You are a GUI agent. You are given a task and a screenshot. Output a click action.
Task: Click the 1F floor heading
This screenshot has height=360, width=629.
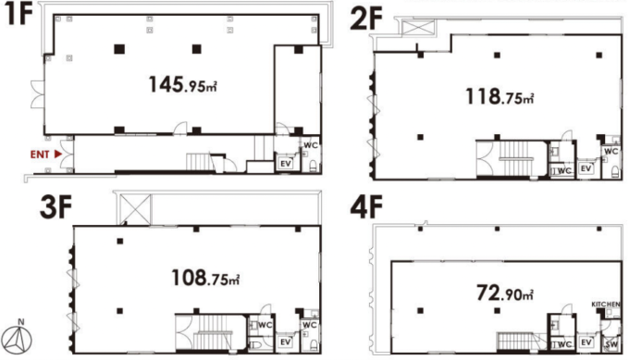pos(18,14)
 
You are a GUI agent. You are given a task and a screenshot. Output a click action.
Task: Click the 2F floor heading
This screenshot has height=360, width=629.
pos(366,19)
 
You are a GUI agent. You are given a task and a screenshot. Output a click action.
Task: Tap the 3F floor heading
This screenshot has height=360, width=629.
pos(55,207)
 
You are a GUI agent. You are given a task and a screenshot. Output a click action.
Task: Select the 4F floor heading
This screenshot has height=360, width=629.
pos(366,207)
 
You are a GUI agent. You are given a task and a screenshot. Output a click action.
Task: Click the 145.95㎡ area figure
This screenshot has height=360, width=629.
pos(183,85)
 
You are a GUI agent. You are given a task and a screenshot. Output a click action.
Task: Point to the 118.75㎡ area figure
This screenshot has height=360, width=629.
pos(499,97)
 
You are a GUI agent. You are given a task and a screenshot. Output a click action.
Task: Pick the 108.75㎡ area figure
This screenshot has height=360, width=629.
pos(205,278)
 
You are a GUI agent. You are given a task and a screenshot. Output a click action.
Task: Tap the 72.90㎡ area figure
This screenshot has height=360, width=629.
pos(505,293)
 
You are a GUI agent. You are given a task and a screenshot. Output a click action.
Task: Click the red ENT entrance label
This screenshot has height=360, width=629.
pos(40,155)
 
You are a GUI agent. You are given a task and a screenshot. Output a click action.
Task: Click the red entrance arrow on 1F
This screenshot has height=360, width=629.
pos(58,154)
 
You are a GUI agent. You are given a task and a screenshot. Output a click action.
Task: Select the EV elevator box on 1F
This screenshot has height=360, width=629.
pos(286,164)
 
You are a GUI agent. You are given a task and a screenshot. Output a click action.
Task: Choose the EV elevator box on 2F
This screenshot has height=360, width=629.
pos(586,168)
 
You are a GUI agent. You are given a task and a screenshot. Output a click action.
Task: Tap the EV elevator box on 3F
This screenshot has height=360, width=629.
pos(286,341)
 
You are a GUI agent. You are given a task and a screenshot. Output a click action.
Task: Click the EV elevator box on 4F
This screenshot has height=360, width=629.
pos(586,342)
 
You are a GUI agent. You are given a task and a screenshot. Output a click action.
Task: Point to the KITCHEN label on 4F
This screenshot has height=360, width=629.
pos(606,304)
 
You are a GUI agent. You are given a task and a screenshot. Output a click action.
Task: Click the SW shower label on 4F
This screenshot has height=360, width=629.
pos(611,344)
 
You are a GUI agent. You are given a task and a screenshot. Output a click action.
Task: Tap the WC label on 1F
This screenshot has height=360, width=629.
pos(311,145)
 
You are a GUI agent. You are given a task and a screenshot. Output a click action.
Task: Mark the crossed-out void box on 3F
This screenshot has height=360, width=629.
pos(136,209)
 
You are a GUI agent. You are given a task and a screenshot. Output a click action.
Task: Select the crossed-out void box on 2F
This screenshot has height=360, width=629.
pos(418,28)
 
